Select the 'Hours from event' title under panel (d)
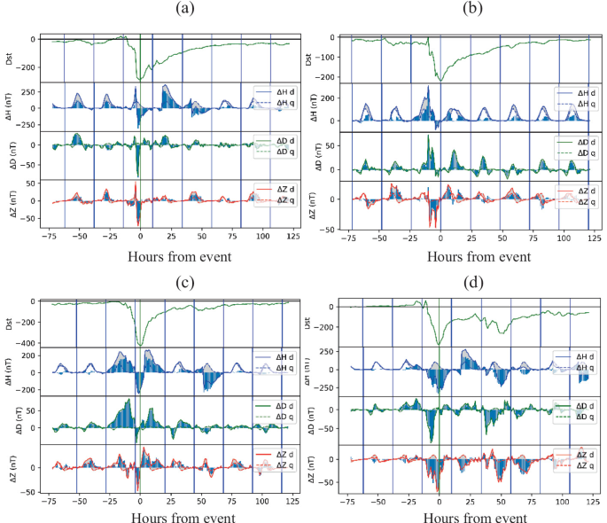(x=471, y=517)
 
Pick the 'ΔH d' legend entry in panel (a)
(x=273, y=92)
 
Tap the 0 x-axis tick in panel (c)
(x=140, y=501)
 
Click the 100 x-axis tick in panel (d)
(x=562, y=501)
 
